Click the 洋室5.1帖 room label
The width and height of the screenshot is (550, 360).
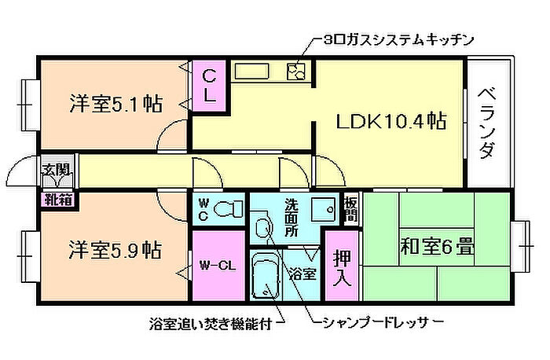click(116, 104)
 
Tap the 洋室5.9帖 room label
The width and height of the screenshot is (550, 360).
click(115, 250)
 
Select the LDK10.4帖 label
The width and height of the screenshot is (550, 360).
click(391, 121)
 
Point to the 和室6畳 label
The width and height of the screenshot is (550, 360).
click(438, 246)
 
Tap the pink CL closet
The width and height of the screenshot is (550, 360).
click(210, 86)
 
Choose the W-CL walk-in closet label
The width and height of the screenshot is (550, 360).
click(218, 266)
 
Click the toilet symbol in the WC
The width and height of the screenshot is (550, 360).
click(227, 209)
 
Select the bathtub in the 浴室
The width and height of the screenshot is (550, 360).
click(266, 277)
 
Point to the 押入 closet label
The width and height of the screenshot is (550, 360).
click(341, 267)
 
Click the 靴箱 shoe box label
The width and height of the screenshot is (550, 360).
click(58, 200)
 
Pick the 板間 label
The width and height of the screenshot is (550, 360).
click(350, 209)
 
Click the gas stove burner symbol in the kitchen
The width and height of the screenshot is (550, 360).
click(296, 72)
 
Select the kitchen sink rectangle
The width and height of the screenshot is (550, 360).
click(251, 72)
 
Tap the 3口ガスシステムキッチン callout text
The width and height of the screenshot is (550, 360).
click(398, 40)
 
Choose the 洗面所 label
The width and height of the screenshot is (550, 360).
click(291, 218)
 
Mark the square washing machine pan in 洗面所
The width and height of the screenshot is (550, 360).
click(323, 209)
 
